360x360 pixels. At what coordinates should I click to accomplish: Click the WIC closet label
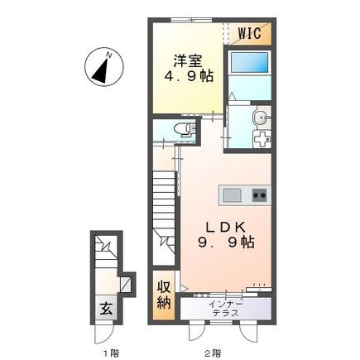click(x=250, y=33)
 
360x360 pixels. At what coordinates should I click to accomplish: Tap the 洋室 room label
click(x=188, y=60)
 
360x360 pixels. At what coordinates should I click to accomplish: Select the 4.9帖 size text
click(x=189, y=75)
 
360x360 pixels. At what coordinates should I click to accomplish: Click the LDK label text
click(x=226, y=227)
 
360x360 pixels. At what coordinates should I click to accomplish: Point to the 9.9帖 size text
click(x=226, y=242)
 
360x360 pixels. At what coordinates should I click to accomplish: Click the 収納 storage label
click(x=164, y=295)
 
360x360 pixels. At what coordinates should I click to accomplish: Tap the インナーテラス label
click(x=226, y=309)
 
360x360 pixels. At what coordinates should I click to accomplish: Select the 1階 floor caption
click(x=111, y=353)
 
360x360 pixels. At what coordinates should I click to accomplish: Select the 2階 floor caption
click(x=213, y=353)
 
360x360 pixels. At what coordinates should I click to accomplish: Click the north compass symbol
click(x=104, y=66)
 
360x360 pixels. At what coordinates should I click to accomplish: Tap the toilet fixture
click(x=185, y=129)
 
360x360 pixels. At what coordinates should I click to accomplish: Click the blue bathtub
click(x=249, y=63)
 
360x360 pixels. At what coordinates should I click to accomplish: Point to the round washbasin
click(x=261, y=118)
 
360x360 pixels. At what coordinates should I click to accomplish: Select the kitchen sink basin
click(x=232, y=195)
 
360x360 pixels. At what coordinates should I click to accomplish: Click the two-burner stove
click(x=260, y=195)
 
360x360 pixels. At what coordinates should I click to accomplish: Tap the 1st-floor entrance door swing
click(x=104, y=333)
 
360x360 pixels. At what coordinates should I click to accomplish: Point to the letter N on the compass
click(x=109, y=55)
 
